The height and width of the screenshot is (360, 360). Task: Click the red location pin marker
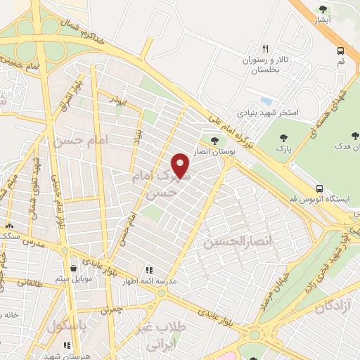(x=182, y=165)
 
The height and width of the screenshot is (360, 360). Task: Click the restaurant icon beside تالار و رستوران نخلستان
(x=265, y=49)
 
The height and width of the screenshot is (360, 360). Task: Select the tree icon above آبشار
(x=323, y=9)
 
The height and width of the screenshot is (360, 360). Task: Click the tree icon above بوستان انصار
(x=214, y=140)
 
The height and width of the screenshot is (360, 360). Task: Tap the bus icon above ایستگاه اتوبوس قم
(x=319, y=188)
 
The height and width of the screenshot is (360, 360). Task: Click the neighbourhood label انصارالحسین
(x=228, y=242)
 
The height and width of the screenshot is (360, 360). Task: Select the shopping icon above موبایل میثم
(x=75, y=267)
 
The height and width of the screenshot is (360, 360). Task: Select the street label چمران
(x=112, y=308)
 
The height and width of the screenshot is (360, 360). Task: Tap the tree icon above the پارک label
(x=283, y=138)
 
